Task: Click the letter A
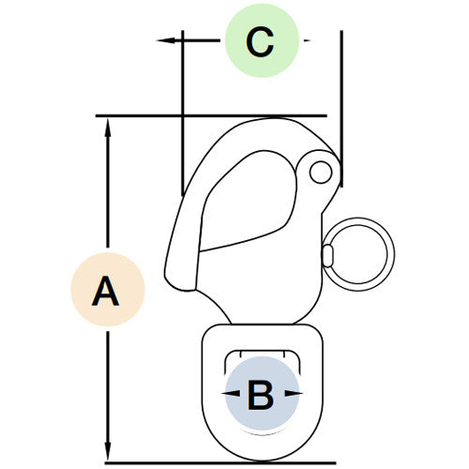(105, 291)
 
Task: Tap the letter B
(261, 395)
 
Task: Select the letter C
(260, 42)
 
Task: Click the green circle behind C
(262, 40)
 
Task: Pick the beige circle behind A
(108, 290)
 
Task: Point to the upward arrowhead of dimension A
(108, 128)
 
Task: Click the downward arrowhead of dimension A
(108, 451)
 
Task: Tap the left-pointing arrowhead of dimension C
(166, 40)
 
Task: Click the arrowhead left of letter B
(231, 393)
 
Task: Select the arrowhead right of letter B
(294, 393)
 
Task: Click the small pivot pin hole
(321, 172)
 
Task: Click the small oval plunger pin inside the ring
(328, 256)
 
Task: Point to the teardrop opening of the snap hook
(248, 201)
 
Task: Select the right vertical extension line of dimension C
(341, 109)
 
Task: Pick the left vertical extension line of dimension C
(183, 113)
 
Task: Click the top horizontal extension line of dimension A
(211, 115)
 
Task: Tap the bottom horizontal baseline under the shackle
(220, 462)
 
